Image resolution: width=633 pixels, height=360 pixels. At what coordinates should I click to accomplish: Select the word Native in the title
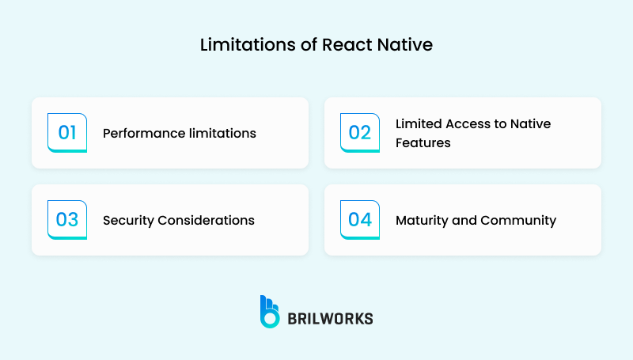click(407, 45)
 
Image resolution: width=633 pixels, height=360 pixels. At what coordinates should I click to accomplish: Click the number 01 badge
click(67, 132)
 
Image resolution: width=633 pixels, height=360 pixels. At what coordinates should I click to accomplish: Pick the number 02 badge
click(360, 132)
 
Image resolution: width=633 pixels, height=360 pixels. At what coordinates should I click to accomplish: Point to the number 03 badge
click(67, 219)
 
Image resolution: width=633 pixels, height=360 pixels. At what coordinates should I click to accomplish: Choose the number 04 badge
click(360, 219)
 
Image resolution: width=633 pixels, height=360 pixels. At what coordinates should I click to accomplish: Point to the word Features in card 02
click(423, 143)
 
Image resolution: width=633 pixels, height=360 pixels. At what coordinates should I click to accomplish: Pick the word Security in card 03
click(127, 221)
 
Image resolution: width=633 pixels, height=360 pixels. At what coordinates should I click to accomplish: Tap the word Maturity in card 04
click(421, 221)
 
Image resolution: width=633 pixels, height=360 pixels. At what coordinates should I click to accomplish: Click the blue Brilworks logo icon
click(270, 312)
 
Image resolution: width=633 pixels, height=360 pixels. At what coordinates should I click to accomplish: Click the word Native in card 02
click(531, 124)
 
